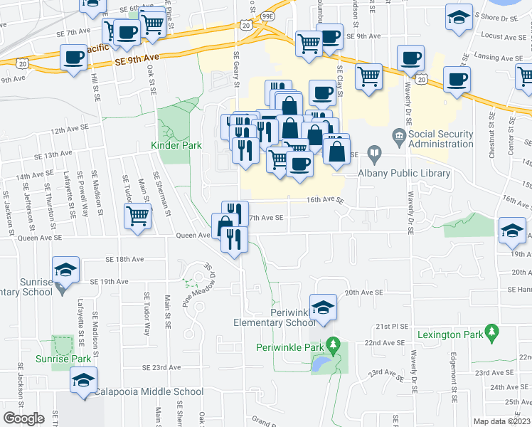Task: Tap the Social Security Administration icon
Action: (398, 135)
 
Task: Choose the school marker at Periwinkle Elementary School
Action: (323, 307)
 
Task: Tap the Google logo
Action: (24, 418)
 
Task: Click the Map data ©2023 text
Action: (501, 421)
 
